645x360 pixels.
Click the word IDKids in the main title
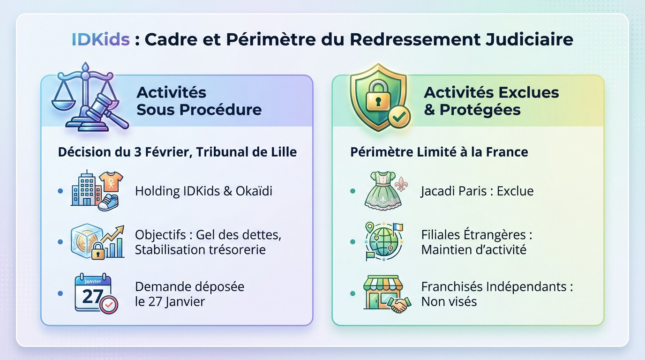tap(100, 39)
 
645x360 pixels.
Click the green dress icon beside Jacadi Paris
tap(382, 189)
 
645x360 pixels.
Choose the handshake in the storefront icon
tap(399, 306)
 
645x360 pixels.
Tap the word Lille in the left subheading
tap(283, 152)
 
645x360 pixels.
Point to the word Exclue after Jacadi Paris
tap(515, 191)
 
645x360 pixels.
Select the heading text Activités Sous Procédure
tap(199, 101)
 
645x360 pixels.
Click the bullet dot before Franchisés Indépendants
tap(352, 294)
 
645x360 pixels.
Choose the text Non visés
tap(449, 301)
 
